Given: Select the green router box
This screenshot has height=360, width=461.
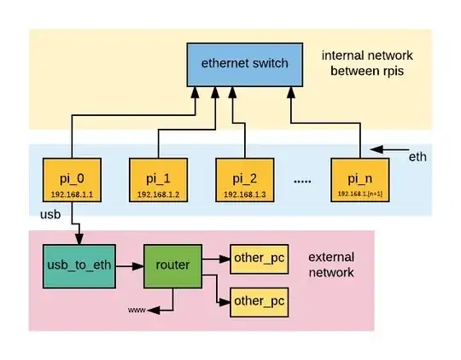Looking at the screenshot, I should (172, 266).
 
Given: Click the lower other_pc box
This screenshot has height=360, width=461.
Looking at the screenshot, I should (259, 300).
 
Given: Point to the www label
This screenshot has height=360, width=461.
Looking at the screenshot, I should (137, 310).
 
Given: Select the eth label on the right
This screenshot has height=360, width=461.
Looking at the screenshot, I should (418, 158).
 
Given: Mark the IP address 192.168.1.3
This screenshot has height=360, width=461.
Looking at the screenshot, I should (244, 194).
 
